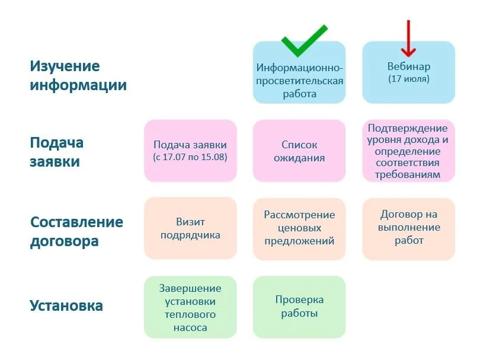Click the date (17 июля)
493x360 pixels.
click(x=408, y=78)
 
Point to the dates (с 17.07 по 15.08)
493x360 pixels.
click(x=190, y=157)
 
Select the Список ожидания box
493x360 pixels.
click(x=299, y=151)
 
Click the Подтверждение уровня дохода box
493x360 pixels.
click(x=408, y=151)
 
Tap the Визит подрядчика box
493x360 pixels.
click(x=190, y=228)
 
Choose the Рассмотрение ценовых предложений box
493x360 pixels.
click(x=299, y=228)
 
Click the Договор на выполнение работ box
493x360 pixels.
click(x=408, y=228)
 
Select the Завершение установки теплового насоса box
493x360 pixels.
click(x=190, y=307)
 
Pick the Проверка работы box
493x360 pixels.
click(x=299, y=307)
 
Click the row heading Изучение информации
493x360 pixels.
click(x=78, y=75)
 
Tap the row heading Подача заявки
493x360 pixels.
click(x=57, y=152)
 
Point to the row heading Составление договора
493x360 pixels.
click(x=77, y=231)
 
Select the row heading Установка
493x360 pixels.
click(x=66, y=306)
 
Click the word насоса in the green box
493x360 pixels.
click(x=190, y=327)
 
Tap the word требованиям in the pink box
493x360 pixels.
click(x=408, y=175)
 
